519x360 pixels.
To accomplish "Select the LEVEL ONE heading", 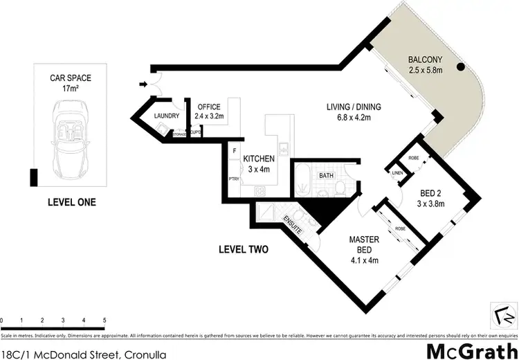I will tap(71, 203).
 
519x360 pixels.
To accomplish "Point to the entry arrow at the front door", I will tap(143, 85).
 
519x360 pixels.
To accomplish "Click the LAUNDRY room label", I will tap(167, 116).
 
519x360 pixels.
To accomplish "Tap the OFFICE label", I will tap(208, 107).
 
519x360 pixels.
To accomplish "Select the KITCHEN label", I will tap(259, 159).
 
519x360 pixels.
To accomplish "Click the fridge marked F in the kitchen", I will tap(235, 150).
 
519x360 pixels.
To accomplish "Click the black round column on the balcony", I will tap(459, 68).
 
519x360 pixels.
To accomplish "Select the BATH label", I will tap(327, 176).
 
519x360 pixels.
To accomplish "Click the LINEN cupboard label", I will tap(397, 173).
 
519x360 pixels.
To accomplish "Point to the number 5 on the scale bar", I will tap(104, 320).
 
